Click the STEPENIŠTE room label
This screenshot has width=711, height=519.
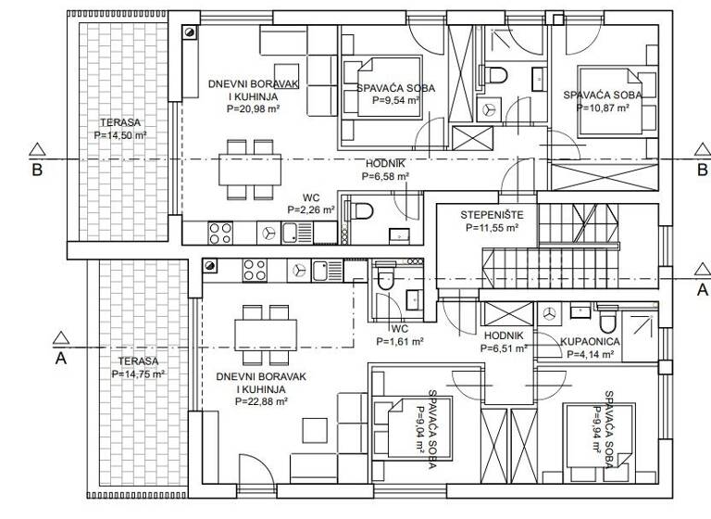(486, 214)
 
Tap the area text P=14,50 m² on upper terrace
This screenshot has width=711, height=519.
(120, 135)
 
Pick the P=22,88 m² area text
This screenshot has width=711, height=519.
(261, 402)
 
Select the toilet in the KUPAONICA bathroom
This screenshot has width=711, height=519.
(608, 321)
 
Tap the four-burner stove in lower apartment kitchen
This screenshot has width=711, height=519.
(256, 270)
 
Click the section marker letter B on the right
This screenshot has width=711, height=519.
(702, 169)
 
